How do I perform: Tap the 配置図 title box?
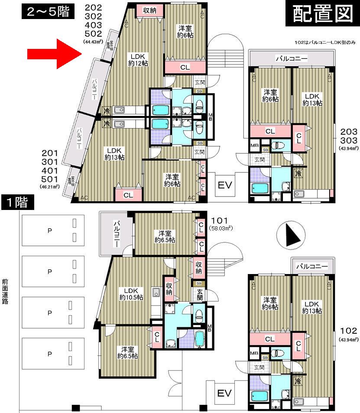[x=321, y=14]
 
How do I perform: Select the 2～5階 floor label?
[x=46, y=12]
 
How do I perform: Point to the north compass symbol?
[x=290, y=237]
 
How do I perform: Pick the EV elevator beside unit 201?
[x=225, y=185]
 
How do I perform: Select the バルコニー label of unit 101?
[x=117, y=234]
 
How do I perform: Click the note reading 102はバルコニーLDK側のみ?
[x=324, y=42]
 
